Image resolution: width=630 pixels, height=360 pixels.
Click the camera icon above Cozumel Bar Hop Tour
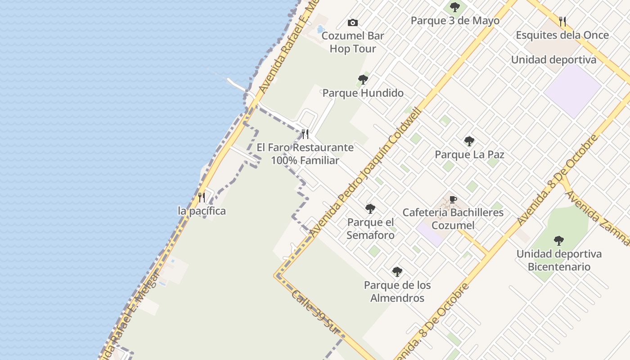click(x=353, y=22)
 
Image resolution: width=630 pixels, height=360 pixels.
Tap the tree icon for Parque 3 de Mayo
click(x=455, y=7)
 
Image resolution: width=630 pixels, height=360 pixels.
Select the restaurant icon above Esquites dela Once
click(x=562, y=21)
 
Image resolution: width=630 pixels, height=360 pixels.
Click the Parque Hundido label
click(x=363, y=93)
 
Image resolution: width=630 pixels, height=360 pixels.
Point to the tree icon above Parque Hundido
click(x=363, y=80)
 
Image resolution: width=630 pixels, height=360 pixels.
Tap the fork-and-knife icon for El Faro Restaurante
click(x=305, y=134)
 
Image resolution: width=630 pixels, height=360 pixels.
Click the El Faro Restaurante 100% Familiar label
click(x=305, y=154)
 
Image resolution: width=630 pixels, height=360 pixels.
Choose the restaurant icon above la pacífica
click(x=202, y=198)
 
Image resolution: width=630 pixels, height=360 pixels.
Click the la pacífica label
click(x=202, y=211)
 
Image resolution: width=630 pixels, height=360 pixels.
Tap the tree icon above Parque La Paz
click(x=469, y=141)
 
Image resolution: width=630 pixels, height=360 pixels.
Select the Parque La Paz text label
click(x=469, y=155)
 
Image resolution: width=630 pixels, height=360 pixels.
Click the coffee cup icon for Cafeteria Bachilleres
click(x=453, y=199)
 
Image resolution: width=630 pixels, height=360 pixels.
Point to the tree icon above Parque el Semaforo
click(x=370, y=209)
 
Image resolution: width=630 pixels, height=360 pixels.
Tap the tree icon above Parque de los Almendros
click(x=397, y=272)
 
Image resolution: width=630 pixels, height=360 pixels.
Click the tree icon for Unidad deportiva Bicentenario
click(x=559, y=241)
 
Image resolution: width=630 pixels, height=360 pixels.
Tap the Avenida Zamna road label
click(x=597, y=218)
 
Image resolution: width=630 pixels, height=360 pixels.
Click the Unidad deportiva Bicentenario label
click(x=559, y=260)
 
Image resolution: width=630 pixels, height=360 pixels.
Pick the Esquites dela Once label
click(x=562, y=35)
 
